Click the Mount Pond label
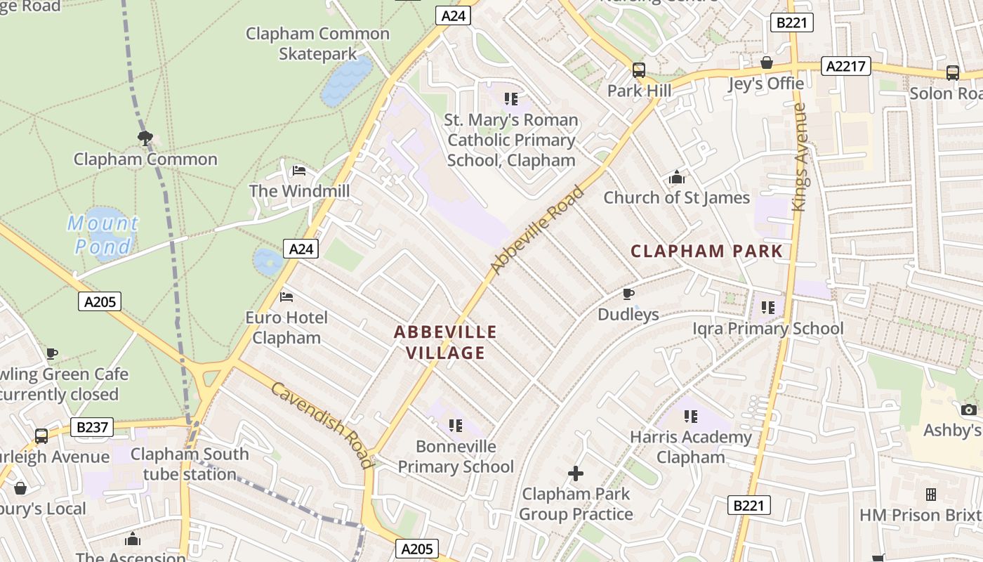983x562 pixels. coord(103,235)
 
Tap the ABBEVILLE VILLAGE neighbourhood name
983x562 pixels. coord(445,342)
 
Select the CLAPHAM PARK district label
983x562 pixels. coord(706,251)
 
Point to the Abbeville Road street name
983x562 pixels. coord(537,230)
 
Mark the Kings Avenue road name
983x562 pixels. coord(799,157)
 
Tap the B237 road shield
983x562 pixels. coord(92,427)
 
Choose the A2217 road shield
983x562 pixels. coord(845,66)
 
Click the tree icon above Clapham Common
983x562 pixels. coord(145,138)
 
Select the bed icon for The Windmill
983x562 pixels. coord(299,171)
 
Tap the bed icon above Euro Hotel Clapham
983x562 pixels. coord(286,297)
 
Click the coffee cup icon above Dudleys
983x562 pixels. coord(628,294)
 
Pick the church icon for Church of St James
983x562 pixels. coord(677,177)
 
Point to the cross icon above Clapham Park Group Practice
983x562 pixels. coord(576,473)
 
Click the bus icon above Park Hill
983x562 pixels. coord(639,70)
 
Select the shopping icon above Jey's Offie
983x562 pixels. coord(766,63)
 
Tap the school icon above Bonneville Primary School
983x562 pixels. coord(456,426)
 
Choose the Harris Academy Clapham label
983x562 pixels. coord(690,447)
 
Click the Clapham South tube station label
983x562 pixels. coord(190,464)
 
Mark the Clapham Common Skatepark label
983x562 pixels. coord(317,44)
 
